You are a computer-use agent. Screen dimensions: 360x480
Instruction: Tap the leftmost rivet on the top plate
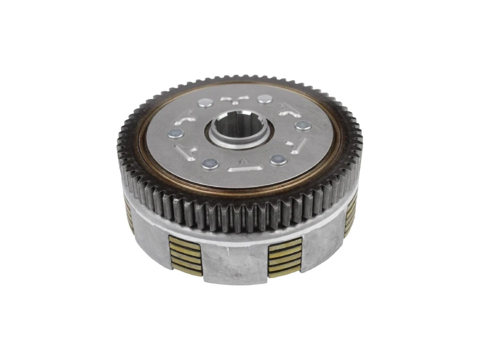coord(174,133)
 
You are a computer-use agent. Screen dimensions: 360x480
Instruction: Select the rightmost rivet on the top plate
coord(303,125)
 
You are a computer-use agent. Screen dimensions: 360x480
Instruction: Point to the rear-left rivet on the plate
coord(204,103)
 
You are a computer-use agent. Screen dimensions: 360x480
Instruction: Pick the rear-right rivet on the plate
coord(265,99)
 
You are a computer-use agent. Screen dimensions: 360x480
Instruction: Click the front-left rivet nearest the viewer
coord(210,163)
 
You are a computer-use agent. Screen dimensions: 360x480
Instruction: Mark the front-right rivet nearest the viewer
coord(278,159)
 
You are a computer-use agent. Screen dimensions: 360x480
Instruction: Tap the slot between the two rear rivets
coord(234,98)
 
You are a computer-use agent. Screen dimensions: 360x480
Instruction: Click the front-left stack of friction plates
coord(184,255)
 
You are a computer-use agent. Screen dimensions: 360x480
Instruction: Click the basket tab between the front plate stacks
coord(235,265)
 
